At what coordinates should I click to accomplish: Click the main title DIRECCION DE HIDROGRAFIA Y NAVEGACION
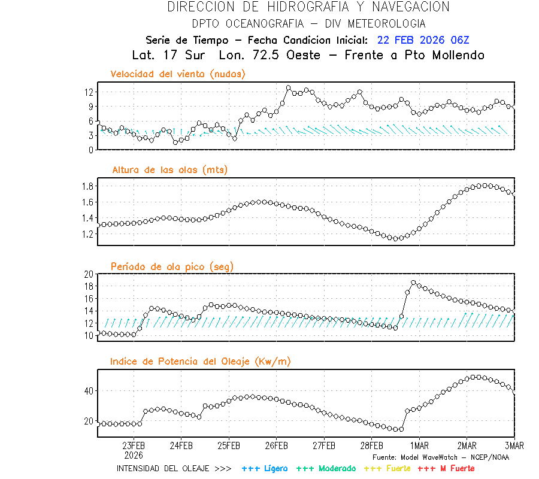click(x=308, y=7)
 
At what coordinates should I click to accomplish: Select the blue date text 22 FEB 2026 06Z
click(x=423, y=40)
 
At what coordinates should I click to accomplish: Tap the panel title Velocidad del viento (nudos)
click(x=178, y=74)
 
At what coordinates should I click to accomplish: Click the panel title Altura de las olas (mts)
click(x=169, y=170)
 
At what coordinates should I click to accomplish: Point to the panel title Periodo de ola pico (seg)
click(x=172, y=266)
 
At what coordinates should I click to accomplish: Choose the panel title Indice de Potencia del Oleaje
click(x=201, y=361)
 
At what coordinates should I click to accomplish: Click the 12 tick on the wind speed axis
click(x=89, y=92)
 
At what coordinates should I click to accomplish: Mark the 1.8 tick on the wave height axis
click(x=87, y=186)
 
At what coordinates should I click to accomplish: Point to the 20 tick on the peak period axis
click(x=89, y=274)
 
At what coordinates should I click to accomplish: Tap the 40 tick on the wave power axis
click(x=89, y=391)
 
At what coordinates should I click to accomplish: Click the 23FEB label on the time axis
click(x=134, y=445)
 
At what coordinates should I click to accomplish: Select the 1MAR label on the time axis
click(x=419, y=445)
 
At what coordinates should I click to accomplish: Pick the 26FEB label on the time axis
click(x=276, y=445)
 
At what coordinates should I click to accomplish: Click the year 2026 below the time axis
click(x=134, y=454)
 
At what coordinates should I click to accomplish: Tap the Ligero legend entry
click(x=265, y=468)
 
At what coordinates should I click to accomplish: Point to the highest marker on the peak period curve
click(x=413, y=283)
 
